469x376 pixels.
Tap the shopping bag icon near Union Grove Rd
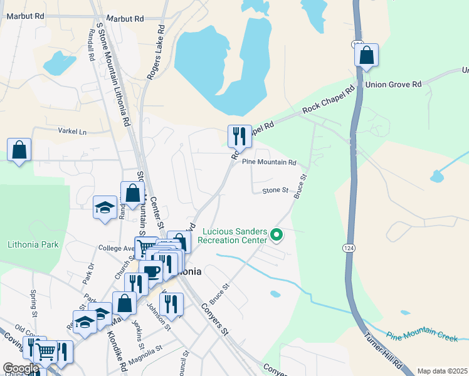pyautogui.click(x=367, y=55)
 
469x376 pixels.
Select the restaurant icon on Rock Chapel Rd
pyautogui.click(x=239, y=135)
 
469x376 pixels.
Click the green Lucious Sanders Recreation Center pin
pyautogui.click(x=277, y=236)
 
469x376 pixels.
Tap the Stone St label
pyautogui.click(x=275, y=190)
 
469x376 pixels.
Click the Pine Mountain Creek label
pyautogui.click(x=421, y=337)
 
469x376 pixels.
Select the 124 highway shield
pyautogui.click(x=349, y=248)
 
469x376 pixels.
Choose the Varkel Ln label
pyautogui.click(x=72, y=132)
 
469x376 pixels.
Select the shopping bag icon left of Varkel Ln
pyautogui.click(x=19, y=150)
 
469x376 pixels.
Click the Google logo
pyautogui.click(x=21, y=368)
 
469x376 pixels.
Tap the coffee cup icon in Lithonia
pyautogui.click(x=151, y=271)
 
